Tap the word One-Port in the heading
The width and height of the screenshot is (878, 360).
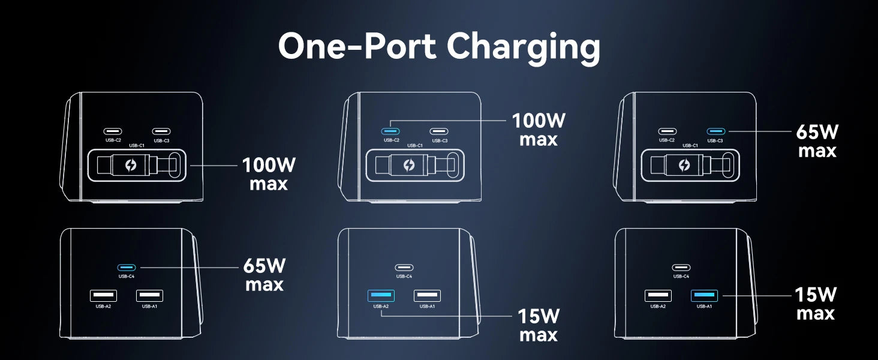coord(357,46)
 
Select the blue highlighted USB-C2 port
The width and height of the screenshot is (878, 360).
coord(390,131)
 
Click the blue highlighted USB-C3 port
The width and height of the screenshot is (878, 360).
coord(715,131)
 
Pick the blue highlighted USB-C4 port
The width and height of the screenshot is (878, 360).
coord(126,267)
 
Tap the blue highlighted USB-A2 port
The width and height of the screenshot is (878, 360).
coord(380,295)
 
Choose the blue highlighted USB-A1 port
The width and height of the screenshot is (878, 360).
coord(704,295)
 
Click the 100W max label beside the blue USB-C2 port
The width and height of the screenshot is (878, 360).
coord(539,130)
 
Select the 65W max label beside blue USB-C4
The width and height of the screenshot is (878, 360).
coord(264,274)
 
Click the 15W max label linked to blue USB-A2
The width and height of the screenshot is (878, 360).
coord(539,325)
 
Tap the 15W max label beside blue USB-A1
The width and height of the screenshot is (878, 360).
coord(815,304)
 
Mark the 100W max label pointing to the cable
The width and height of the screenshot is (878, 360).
coord(269,173)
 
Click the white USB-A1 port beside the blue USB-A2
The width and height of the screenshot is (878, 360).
coord(427,295)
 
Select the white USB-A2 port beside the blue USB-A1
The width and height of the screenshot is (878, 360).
coord(658,295)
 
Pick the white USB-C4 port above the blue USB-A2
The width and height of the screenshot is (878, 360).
coord(404,268)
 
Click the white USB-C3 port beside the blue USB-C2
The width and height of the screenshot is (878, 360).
coord(439,131)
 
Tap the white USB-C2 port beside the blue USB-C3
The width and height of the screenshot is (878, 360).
coord(667,131)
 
